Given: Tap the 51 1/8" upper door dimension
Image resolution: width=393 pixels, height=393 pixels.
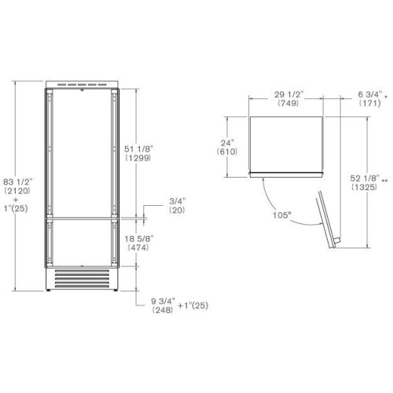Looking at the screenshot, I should [x=138, y=148].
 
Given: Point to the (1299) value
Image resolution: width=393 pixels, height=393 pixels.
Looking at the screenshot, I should [x=138, y=158].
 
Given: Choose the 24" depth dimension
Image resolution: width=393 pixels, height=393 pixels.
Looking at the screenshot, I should [x=228, y=143].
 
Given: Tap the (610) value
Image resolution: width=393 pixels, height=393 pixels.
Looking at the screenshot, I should [x=228, y=152].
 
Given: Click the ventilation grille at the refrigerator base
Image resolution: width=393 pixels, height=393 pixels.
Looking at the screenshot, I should [x=81, y=278].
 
